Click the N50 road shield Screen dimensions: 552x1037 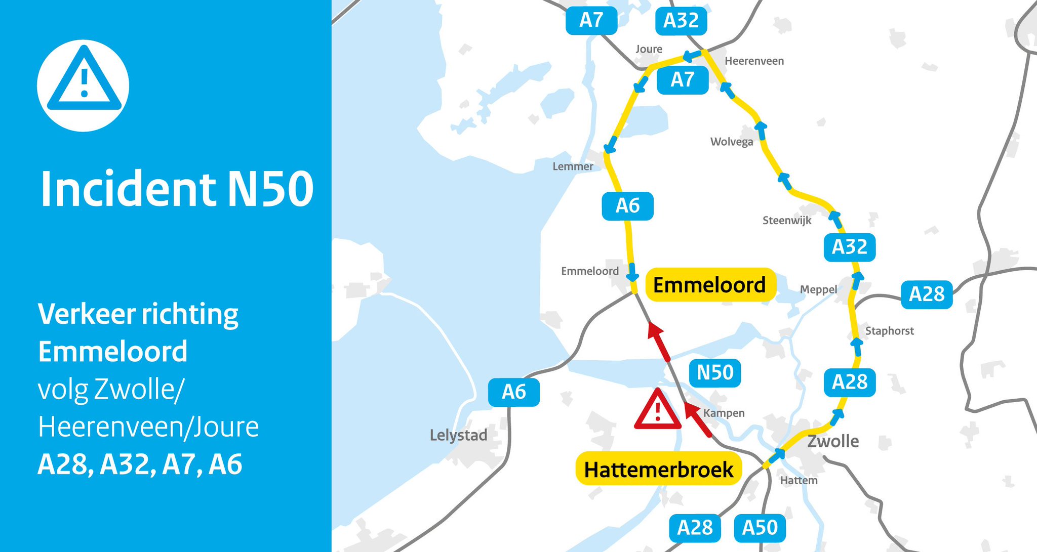(x=715, y=373)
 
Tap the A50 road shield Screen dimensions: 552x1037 (x=760, y=528)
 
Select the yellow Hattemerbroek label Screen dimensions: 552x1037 (x=658, y=469)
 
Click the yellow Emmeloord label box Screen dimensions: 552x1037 (x=709, y=285)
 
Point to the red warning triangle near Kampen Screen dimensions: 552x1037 (x=657, y=410)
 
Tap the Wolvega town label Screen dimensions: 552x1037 (x=731, y=142)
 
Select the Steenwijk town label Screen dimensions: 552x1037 (x=786, y=220)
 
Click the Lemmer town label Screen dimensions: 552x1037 (x=573, y=166)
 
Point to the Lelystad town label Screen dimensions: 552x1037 (x=458, y=435)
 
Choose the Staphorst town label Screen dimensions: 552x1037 (x=889, y=331)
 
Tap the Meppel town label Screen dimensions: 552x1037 (x=818, y=289)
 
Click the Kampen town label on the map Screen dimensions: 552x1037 (x=724, y=413)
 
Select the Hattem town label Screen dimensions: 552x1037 (x=799, y=480)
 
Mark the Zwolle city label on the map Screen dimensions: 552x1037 (x=833, y=441)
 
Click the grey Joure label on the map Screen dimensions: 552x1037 (x=649, y=49)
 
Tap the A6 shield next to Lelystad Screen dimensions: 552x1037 (x=513, y=392)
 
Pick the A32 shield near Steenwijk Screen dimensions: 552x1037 (x=849, y=247)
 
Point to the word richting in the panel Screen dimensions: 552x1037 (x=189, y=314)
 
